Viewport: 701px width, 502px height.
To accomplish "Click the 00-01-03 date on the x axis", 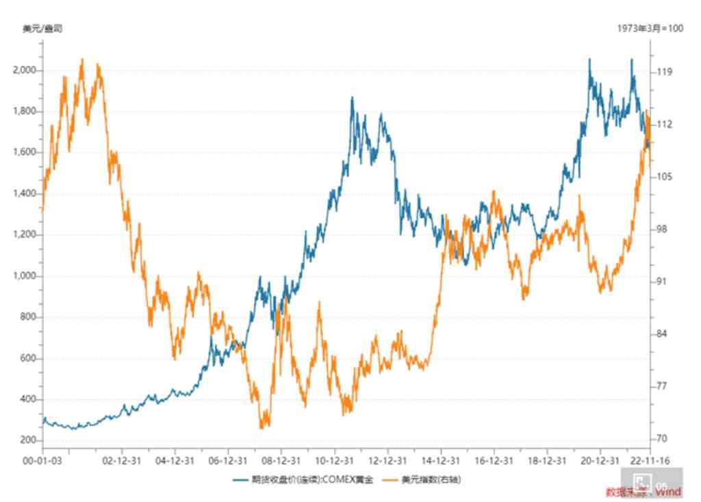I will (x=42, y=461).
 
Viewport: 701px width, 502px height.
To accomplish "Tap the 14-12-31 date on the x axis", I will (x=441, y=461).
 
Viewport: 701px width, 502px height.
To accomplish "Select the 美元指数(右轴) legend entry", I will (x=431, y=480).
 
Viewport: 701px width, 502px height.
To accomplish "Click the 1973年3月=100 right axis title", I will (x=650, y=29).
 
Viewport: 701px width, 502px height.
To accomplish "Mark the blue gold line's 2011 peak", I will (x=352, y=98).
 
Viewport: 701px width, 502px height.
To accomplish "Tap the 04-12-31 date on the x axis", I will (x=175, y=461).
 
